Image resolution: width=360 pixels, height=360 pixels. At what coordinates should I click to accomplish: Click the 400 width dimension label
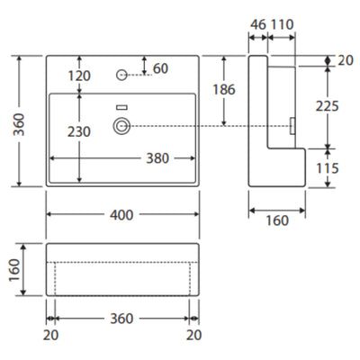[x=121, y=215]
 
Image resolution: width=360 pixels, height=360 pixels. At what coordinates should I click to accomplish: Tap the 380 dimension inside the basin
[x=157, y=158]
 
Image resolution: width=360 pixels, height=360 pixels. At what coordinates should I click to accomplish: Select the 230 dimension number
[x=79, y=131]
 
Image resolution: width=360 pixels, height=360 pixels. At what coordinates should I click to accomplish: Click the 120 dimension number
[x=79, y=76]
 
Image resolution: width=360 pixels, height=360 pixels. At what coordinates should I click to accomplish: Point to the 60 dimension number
[x=160, y=68]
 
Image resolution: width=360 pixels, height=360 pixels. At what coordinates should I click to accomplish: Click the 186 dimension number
[x=224, y=89]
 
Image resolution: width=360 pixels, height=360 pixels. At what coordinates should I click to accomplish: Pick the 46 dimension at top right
[x=258, y=24]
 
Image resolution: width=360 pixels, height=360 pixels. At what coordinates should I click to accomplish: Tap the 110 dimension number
[x=282, y=24]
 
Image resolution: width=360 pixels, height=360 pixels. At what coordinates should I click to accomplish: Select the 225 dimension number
[x=328, y=106]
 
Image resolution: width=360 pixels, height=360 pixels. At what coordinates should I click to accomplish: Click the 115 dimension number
[x=328, y=168]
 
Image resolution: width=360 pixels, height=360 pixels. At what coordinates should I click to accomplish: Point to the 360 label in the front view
[x=121, y=319]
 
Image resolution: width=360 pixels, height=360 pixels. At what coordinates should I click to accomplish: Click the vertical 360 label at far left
[x=19, y=124]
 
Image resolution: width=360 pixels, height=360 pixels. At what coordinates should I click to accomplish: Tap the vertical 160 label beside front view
[x=14, y=270]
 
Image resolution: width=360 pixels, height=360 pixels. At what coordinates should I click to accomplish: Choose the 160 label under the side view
[x=277, y=220]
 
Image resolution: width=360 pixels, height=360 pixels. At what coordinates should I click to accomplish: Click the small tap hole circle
[x=121, y=75]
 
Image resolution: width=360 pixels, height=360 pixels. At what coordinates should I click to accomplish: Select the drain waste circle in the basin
[x=121, y=126]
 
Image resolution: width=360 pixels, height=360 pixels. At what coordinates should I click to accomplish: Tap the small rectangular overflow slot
[x=121, y=107]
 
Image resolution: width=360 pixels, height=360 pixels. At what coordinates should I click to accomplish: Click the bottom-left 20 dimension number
[x=50, y=335]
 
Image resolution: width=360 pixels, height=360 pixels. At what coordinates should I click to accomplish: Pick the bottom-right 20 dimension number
[x=193, y=335]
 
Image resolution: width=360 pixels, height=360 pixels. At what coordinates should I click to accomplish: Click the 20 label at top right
[x=346, y=60]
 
